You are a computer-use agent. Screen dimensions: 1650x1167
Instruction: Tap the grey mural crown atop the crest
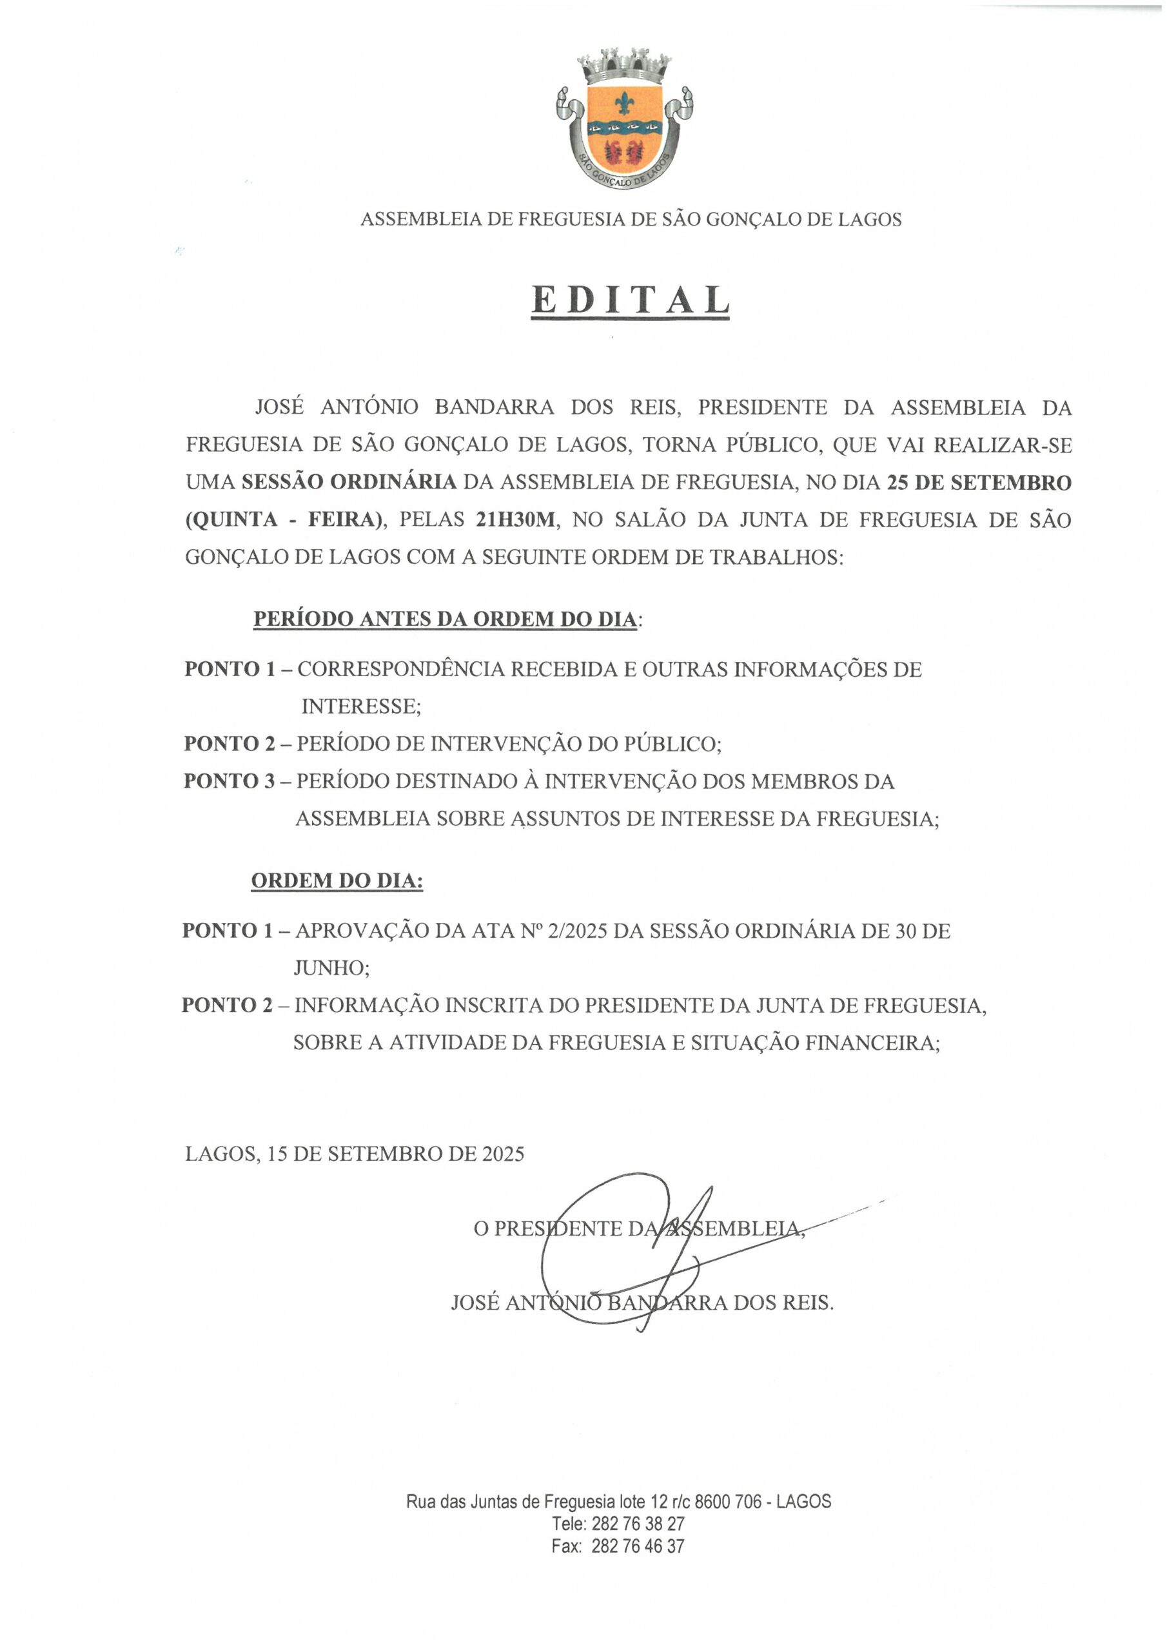[x=624, y=66]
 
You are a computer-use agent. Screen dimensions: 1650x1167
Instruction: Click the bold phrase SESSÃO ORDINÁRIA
[x=349, y=482]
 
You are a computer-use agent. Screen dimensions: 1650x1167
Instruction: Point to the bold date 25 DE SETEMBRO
[x=979, y=482]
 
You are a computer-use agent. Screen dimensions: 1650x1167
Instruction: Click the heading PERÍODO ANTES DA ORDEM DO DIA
[x=444, y=619]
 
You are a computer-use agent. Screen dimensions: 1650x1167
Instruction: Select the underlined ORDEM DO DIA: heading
[x=337, y=880]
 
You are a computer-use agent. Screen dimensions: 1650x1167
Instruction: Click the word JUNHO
[x=330, y=968]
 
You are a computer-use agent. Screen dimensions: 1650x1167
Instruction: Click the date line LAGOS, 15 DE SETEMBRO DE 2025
[x=355, y=1154]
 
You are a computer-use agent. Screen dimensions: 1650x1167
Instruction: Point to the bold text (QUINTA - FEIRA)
[x=283, y=519]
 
